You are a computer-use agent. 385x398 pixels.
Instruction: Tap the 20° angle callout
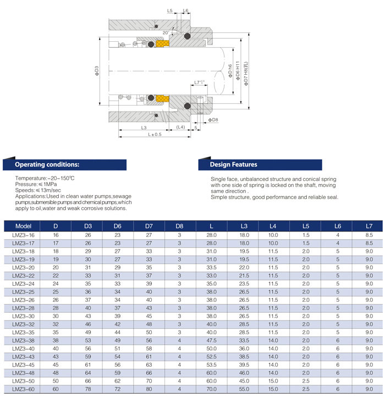pyautogui.click(x=167, y=32)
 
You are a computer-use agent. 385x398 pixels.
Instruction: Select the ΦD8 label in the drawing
pyautogui.click(x=213, y=119)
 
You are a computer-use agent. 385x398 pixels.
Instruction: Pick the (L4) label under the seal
pyautogui.click(x=181, y=127)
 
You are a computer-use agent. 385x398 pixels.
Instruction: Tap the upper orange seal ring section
pyautogui.click(x=163, y=43)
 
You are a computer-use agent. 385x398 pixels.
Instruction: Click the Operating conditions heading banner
pyautogui.click(x=47, y=164)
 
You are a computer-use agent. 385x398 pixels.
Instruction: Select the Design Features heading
pyautogui.click(x=233, y=164)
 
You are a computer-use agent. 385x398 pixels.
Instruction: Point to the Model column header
pyautogui.click(x=24, y=226)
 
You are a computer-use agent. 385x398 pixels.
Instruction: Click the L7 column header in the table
pyautogui.click(x=369, y=226)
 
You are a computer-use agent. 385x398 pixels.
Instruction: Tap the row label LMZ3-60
pyautogui.click(x=24, y=389)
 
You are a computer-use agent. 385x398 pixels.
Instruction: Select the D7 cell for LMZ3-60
pyautogui.click(x=148, y=389)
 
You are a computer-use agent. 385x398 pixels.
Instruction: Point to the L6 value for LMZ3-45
pyautogui.click(x=337, y=364)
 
